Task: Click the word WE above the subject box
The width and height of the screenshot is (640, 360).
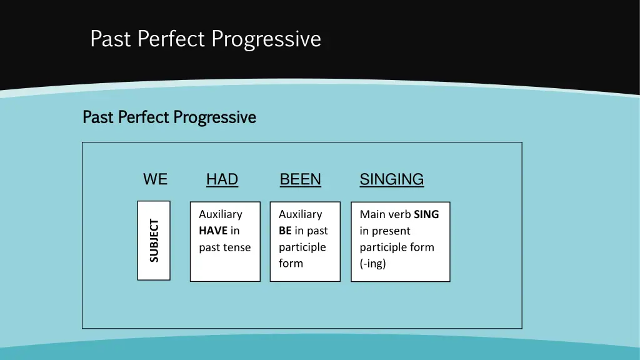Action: (155, 179)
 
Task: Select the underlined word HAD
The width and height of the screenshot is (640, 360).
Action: (222, 179)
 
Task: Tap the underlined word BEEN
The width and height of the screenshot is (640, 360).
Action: (300, 179)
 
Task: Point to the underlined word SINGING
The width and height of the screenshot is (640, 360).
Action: (391, 179)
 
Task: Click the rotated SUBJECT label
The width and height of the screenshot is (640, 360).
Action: (154, 241)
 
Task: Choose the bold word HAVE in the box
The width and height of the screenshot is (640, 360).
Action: (213, 231)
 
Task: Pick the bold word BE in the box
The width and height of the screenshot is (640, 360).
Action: (285, 231)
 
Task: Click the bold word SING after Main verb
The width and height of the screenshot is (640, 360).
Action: (426, 214)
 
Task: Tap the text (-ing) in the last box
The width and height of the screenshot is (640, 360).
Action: (372, 263)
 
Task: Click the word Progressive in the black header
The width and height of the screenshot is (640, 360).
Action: (266, 39)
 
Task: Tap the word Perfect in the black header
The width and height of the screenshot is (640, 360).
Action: (172, 39)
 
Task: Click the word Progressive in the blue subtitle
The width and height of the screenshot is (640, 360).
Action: (214, 117)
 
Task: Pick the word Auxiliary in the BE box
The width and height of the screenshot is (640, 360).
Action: (300, 214)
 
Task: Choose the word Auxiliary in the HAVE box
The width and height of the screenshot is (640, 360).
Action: (220, 214)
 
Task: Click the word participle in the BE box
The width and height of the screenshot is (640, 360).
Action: (302, 247)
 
